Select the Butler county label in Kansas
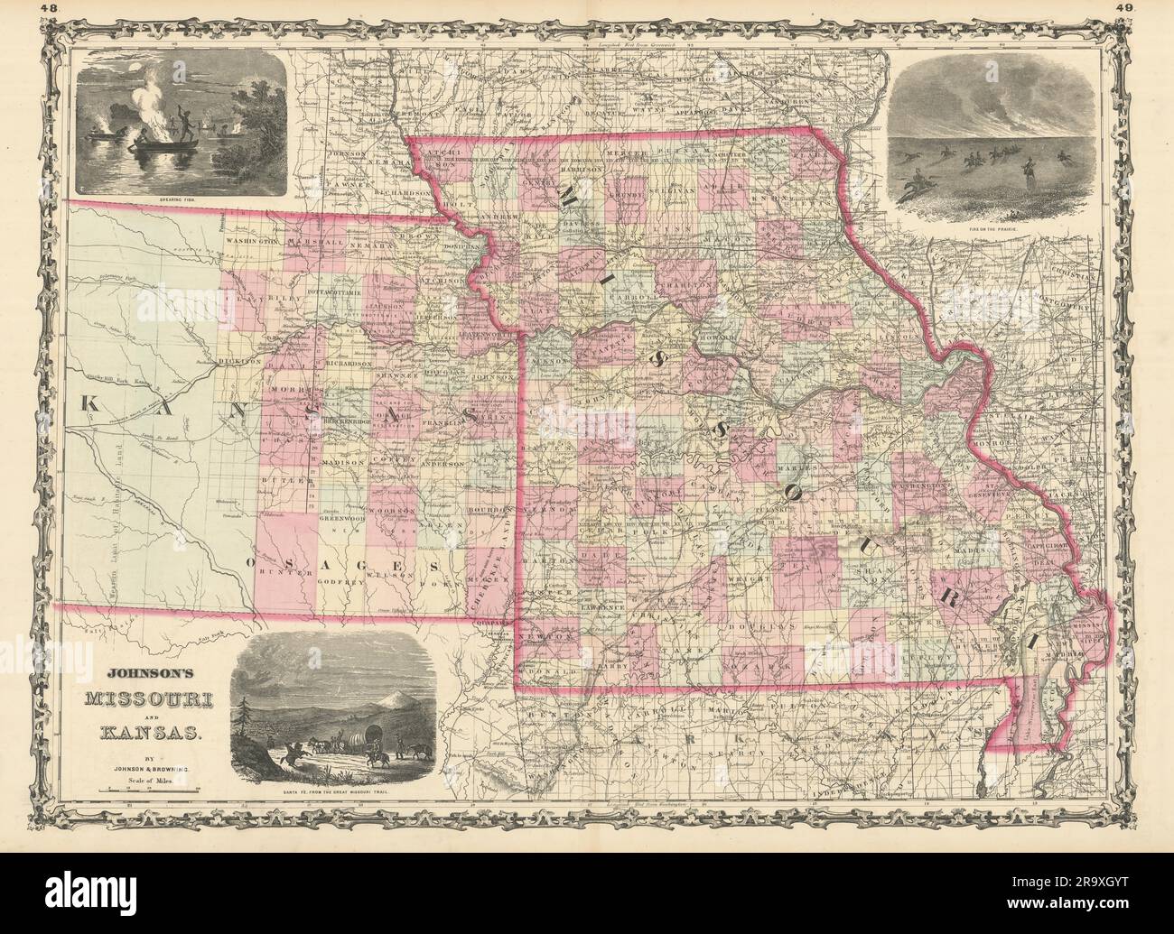(x=278, y=484)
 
